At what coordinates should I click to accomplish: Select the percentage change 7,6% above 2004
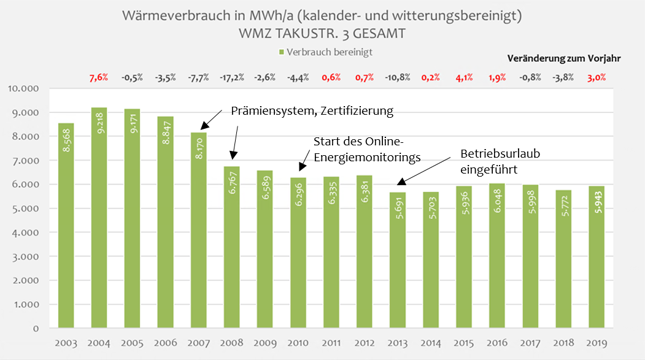[99, 77]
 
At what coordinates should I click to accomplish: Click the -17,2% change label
[231, 77]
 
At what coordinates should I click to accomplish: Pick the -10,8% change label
[397, 77]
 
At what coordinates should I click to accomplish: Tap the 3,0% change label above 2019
[596, 77]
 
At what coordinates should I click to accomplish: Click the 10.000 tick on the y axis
[22, 88]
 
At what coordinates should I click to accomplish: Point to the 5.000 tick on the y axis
[25, 209]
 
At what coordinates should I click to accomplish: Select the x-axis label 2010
[298, 343]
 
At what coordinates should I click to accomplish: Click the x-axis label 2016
[496, 343]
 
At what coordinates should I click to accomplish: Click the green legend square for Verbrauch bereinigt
[281, 53]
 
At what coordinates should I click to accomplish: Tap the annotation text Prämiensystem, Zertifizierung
[311, 111]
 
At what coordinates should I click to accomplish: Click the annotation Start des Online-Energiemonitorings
[366, 149]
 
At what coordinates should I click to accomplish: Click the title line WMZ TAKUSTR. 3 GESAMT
[322, 34]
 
